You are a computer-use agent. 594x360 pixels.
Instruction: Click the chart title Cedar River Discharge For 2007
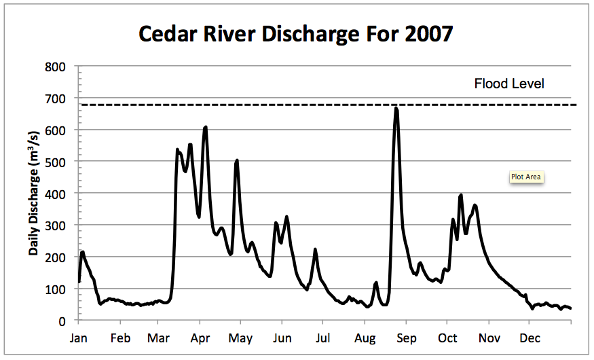[295, 33]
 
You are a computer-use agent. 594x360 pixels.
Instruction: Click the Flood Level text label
[509, 84]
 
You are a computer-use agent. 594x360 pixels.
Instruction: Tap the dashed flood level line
[272, 105]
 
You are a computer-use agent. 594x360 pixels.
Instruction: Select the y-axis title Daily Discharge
[33, 194]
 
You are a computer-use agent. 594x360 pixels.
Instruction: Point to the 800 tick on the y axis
[56, 67]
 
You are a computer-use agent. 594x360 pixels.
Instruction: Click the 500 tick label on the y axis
[56, 162]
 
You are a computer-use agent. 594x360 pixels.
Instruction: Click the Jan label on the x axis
[79, 338]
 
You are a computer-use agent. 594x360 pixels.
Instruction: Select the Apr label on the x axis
[200, 338]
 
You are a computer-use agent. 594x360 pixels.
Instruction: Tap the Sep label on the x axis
[406, 338]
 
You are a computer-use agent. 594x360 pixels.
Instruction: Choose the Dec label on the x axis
[530, 338]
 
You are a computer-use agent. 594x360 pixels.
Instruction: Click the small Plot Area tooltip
[527, 177]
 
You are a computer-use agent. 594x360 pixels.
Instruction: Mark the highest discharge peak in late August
[396, 108]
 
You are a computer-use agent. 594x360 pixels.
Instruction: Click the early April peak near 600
[205, 127]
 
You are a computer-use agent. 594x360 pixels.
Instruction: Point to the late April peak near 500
[236, 161]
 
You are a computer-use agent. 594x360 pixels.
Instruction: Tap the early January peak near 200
[83, 252]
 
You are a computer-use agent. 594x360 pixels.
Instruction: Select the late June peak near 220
[315, 250]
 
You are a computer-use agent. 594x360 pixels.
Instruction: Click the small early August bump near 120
[376, 283]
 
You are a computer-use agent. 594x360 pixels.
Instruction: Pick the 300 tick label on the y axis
[56, 226]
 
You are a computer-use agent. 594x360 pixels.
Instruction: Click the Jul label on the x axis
[323, 338]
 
